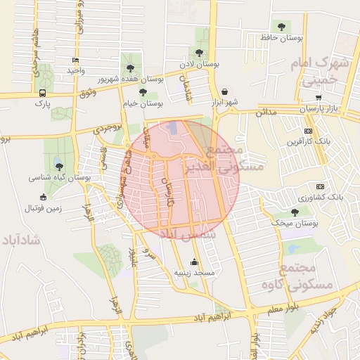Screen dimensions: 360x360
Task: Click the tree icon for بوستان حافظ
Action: click(x=281, y=27)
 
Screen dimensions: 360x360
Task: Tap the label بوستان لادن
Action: click(x=200, y=64)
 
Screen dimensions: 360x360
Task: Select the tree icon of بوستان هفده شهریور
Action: click(x=130, y=67)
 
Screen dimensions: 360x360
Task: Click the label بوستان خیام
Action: click(x=143, y=103)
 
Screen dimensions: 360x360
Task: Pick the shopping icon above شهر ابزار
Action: click(x=224, y=91)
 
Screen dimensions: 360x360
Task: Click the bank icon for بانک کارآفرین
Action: click(x=308, y=131)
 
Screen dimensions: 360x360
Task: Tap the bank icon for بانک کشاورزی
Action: click(x=320, y=186)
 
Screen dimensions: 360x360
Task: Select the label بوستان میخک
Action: click(x=295, y=223)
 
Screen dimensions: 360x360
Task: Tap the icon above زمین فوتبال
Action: click(x=44, y=197)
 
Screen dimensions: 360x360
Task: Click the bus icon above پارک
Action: click(x=44, y=92)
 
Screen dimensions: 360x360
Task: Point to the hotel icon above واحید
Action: click(x=75, y=60)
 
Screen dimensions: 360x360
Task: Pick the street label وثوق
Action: click(x=88, y=92)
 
